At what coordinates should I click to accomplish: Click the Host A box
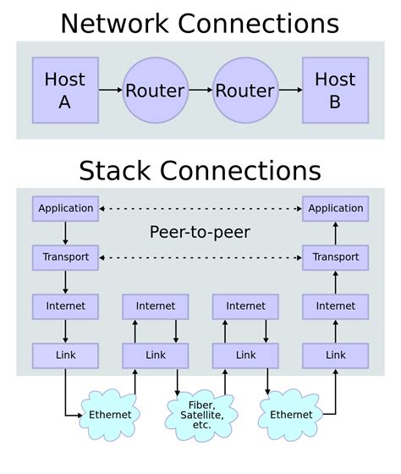tap(65, 90)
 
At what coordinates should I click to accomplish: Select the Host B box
tap(335, 90)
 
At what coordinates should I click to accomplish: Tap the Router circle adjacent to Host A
tap(155, 91)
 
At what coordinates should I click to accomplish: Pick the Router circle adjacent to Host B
tap(244, 91)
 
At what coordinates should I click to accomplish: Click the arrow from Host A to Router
tap(110, 90)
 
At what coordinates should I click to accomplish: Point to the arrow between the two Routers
tap(200, 90)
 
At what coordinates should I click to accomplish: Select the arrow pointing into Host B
tap(290, 90)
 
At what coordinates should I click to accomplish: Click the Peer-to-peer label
tap(200, 232)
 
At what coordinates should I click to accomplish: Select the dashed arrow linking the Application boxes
tap(200, 208)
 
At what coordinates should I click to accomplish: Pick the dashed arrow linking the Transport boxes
tap(200, 257)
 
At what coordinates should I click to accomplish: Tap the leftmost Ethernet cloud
tap(110, 415)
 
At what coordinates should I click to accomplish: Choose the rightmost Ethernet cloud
tap(291, 415)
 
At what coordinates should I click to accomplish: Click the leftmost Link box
tap(65, 355)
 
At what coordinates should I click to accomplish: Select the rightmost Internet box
tap(335, 306)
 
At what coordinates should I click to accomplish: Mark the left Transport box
tap(65, 257)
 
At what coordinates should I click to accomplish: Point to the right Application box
tap(335, 208)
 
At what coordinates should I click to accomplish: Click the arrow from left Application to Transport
tap(65, 233)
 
